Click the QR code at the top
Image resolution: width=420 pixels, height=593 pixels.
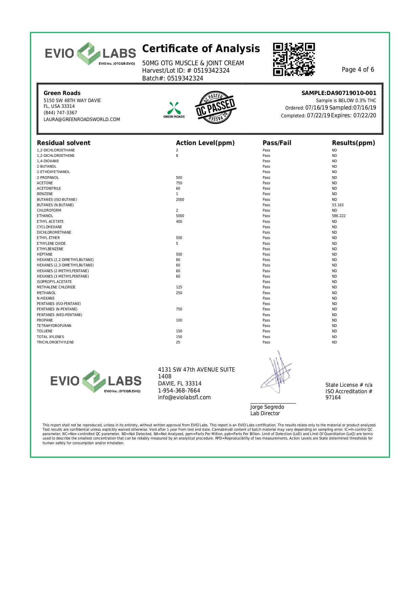click(294, 59)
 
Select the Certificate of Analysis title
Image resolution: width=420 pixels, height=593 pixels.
click(201, 49)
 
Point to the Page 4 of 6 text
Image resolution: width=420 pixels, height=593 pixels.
click(358, 70)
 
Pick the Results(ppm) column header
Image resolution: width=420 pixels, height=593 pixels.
click(353, 143)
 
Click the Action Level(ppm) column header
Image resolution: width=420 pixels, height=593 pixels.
click(205, 143)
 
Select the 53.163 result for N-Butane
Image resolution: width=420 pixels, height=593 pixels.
click(338, 205)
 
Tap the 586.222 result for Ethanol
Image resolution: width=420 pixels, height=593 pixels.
click(339, 216)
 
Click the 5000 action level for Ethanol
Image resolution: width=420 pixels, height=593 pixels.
click(180, 216)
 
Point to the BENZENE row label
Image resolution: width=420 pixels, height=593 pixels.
click(45, 194)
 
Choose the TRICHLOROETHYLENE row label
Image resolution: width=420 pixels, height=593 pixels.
click(55, 342)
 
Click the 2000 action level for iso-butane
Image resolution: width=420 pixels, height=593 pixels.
click(180, 199)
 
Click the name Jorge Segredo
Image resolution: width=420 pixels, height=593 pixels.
click(267, 407)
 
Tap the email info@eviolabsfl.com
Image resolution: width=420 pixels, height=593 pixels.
click(184, 398)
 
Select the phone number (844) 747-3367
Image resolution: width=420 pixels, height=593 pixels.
click(60, 113)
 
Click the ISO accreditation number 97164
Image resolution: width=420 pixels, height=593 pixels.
click(333, 398)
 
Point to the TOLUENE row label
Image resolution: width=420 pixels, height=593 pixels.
click(45, 331)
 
